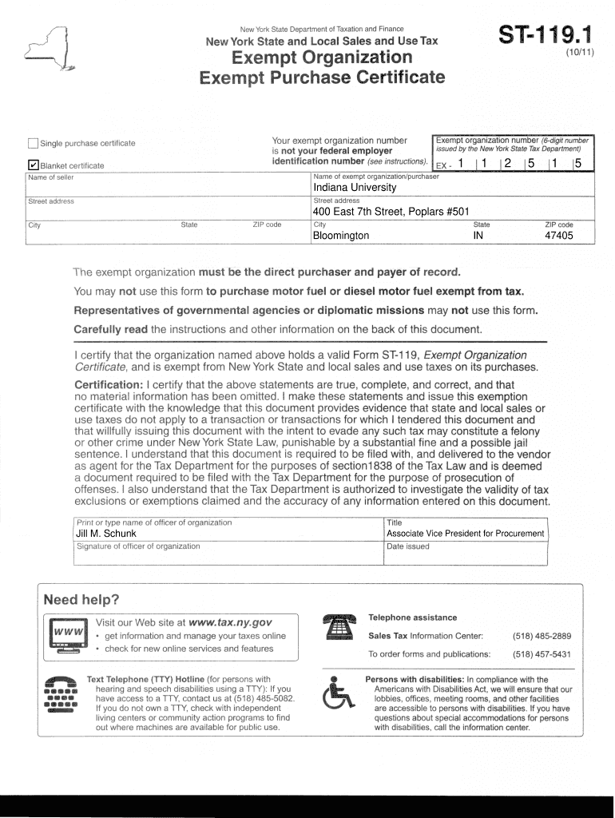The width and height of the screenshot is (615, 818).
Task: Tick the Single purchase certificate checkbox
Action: coord(33,144)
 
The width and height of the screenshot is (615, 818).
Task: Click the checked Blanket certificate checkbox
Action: coord(33,165)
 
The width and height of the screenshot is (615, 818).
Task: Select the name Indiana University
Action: coord(355,188)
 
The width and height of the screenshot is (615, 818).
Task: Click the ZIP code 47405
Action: coord(558,236)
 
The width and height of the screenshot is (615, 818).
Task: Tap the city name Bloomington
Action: coord(341,236)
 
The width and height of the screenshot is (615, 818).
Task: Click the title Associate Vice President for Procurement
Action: coord(465,534)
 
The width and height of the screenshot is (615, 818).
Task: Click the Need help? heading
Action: coord(81,600)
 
